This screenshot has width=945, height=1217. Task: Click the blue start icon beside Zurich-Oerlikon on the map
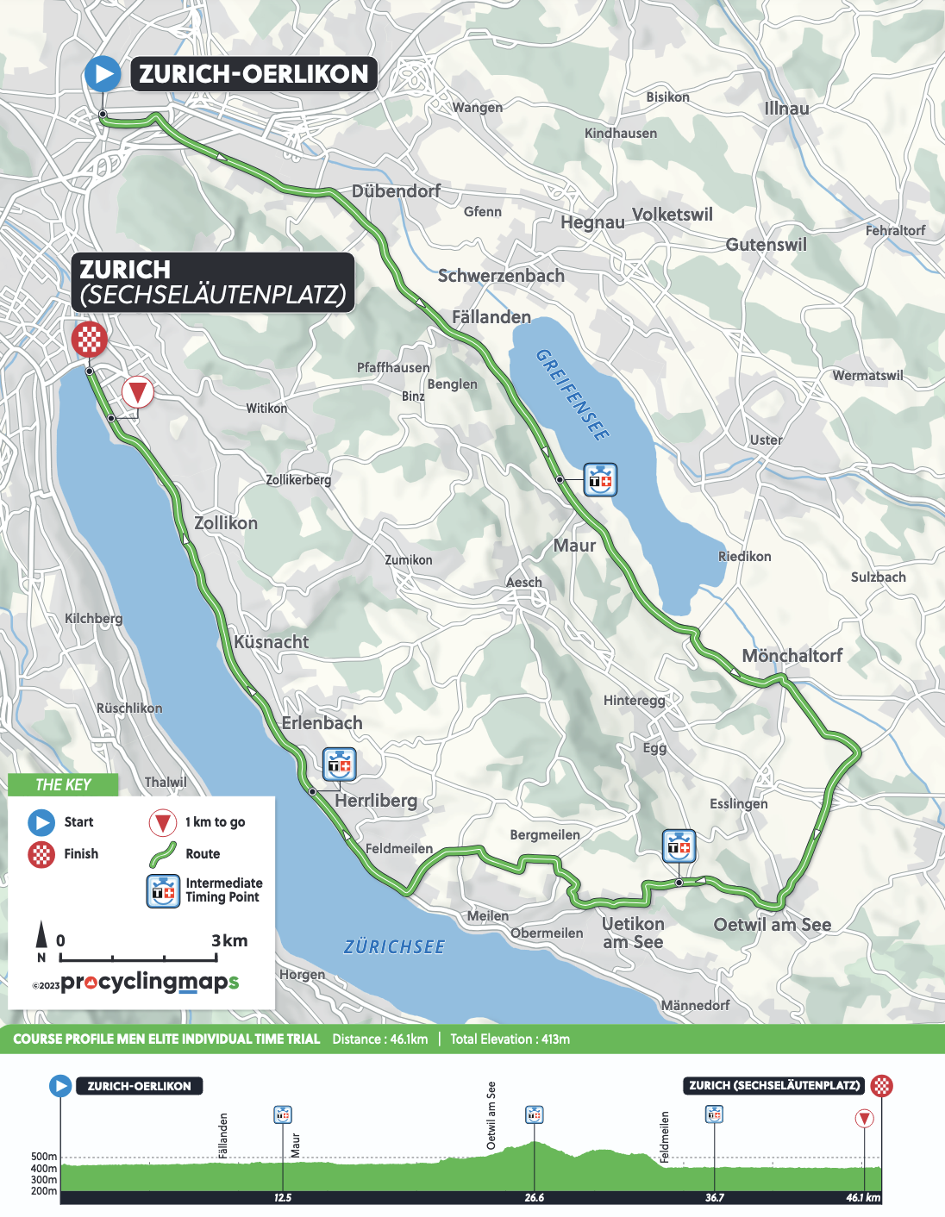[103, 74]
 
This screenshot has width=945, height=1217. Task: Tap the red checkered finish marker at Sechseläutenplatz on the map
[89, 339]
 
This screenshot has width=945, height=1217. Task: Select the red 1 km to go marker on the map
[137, 393]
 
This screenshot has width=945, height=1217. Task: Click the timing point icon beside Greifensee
[600, 479]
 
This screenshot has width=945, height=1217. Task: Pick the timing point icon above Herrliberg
[340, 764]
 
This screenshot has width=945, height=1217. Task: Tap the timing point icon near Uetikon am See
[679, 846]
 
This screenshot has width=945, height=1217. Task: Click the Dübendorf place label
[396, 191]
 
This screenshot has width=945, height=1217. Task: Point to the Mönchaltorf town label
[792, 656]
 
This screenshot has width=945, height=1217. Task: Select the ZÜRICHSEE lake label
[394, 947]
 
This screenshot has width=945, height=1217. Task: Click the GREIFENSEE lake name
[573, 395]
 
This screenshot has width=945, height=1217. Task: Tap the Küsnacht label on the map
[272, 642]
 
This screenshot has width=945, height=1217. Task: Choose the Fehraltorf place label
[895, 231]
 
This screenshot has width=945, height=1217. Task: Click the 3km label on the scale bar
[229, 940]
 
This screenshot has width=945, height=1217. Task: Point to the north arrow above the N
[41, 934]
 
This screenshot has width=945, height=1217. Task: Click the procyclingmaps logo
[148, 982]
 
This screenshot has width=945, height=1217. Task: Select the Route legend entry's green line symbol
[163, 854]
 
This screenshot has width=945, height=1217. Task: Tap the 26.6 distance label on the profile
[534, 1198]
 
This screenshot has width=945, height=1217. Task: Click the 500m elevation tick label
[43, 1157]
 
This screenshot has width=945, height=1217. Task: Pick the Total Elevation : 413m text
[510, 1039]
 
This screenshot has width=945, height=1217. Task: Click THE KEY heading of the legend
[63, 784]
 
